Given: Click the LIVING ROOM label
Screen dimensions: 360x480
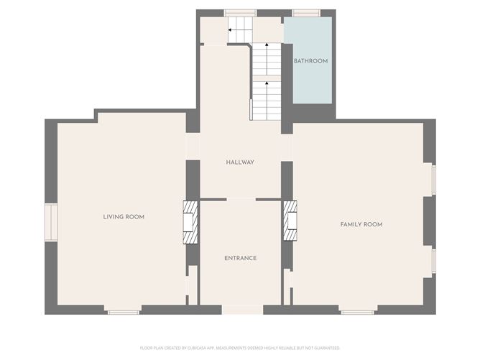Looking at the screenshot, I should [x=124, y=216].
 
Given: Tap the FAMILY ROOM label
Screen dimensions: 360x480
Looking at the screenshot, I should [x=361, y=224].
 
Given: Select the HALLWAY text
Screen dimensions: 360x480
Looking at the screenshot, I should [x=240, y=162].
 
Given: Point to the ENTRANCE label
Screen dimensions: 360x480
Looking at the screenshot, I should [x=240, y=258].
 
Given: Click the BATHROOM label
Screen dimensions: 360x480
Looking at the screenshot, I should [x=310, y=61].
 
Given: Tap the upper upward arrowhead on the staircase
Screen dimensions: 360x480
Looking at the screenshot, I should [x=268, y=45].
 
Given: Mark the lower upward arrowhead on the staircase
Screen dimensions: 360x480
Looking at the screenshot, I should [x=268, y=83].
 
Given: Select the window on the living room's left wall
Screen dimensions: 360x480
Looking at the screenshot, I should [x=51, y=221].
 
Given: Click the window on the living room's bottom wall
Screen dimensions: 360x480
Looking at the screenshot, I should [x=124, y=311].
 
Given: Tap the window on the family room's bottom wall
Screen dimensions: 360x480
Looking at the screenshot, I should [x=357, y=311].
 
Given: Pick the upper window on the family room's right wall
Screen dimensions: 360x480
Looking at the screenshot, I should [x=433, y=180].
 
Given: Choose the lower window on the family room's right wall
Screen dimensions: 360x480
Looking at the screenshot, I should [x=433, y=261].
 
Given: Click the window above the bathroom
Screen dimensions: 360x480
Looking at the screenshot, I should [x=307, y=13].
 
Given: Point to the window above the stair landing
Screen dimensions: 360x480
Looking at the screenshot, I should [x=240, y=13].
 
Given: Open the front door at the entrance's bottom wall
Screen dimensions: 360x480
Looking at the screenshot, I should [x=242, y=310].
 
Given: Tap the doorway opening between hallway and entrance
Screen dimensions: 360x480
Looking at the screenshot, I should [x=241, y=199].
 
